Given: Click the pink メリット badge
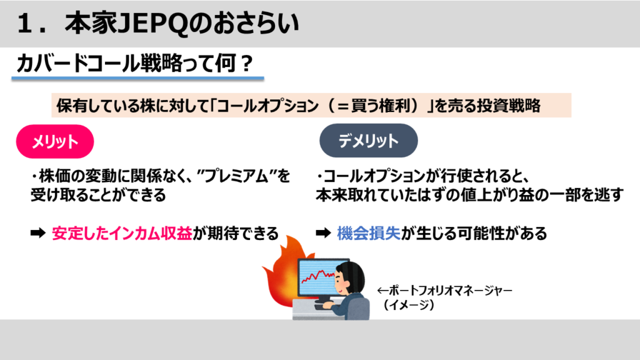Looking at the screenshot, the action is pos(55,142).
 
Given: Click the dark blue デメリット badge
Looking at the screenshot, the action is pos(369,141).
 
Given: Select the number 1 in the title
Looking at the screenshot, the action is pos(24,24).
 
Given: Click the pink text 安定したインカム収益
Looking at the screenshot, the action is pos(122,234).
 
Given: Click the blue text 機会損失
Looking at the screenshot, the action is pos(369,234).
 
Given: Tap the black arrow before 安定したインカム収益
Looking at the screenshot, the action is pos(38,233).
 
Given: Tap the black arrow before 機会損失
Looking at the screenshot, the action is pos(323,233).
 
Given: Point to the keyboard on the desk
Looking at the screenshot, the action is pos(322,306).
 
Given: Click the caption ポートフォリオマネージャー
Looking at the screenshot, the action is pos(444,291).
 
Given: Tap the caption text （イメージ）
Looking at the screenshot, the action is pos(408,305).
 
